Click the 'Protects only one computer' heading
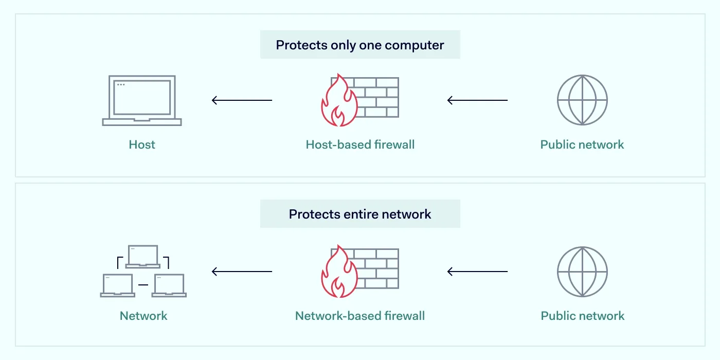[360, 45]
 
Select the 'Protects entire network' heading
[360, 214]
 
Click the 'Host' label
[142, 145]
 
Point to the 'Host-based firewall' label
[360, 145]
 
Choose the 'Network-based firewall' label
[360, 316]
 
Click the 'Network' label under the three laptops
[143, 316]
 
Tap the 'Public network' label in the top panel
[582, 145]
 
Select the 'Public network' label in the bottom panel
[583, 316]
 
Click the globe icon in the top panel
[583, 100]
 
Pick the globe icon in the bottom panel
[583, 272]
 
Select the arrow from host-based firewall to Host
[242, 100]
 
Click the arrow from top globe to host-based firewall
[477, 100]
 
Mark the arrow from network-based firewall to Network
[242, 272]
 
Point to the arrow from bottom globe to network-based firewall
[477, 272]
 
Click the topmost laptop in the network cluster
[143, 256]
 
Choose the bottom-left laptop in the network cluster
[118, 285]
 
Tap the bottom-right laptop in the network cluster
[169, 285]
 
